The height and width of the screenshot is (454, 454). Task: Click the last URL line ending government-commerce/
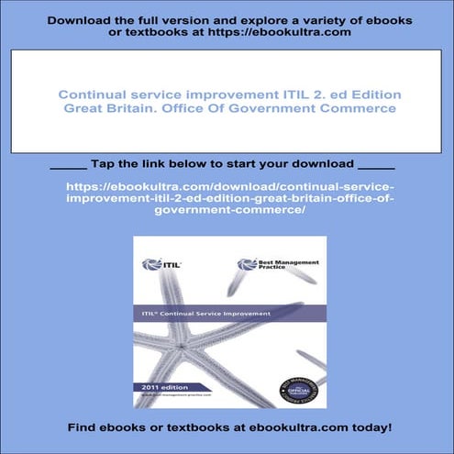point(227,210)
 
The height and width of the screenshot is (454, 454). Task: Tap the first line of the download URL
point(227,186)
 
